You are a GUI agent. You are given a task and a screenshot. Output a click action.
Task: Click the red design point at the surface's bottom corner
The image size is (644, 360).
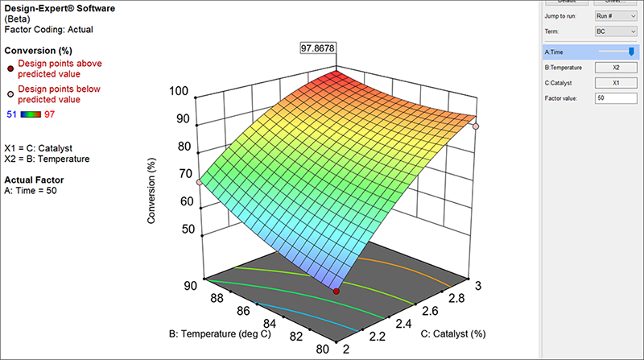tap(336, 291)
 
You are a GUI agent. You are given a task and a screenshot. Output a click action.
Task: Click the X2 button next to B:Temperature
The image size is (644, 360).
tap(615, 68)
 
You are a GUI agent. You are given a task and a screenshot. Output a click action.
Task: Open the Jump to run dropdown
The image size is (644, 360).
tap(615, 16)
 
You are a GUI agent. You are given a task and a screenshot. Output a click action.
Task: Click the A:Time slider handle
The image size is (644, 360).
tap(631, 52)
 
